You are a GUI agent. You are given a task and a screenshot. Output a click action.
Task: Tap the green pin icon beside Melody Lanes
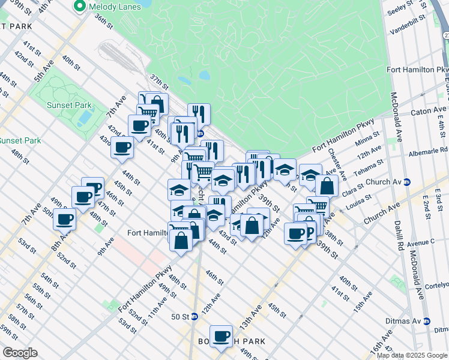pos(79,7)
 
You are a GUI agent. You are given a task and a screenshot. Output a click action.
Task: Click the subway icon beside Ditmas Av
pos(427,321)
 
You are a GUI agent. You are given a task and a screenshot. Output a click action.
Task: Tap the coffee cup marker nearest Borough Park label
pos(221,336)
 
